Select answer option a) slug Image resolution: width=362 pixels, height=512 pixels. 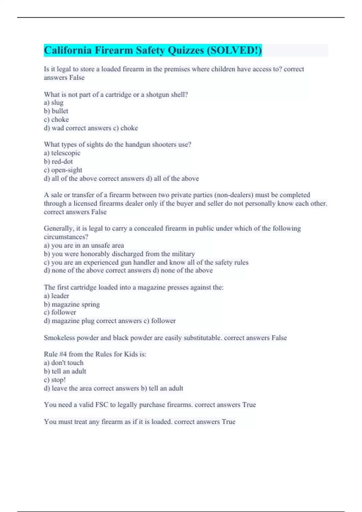(54, 103)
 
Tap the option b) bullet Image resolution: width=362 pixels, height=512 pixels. (56, 111)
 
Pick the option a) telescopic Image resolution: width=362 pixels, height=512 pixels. (62, 153)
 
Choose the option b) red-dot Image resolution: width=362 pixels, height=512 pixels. (58, 161)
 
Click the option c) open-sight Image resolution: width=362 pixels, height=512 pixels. (63, 170)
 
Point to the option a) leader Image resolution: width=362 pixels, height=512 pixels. (56, 296)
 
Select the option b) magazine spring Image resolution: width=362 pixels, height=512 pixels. (72, 304)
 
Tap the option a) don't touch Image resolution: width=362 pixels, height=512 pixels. (64, 363)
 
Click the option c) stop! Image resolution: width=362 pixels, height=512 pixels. (55, 380)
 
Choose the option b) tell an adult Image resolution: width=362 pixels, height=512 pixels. (65, 371)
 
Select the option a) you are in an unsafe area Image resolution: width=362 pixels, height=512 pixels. (84, 245)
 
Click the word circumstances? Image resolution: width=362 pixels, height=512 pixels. (66, 237)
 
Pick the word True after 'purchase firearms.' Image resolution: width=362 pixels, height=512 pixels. (249, 405)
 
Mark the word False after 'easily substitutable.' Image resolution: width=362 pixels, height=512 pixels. (279, 338)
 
